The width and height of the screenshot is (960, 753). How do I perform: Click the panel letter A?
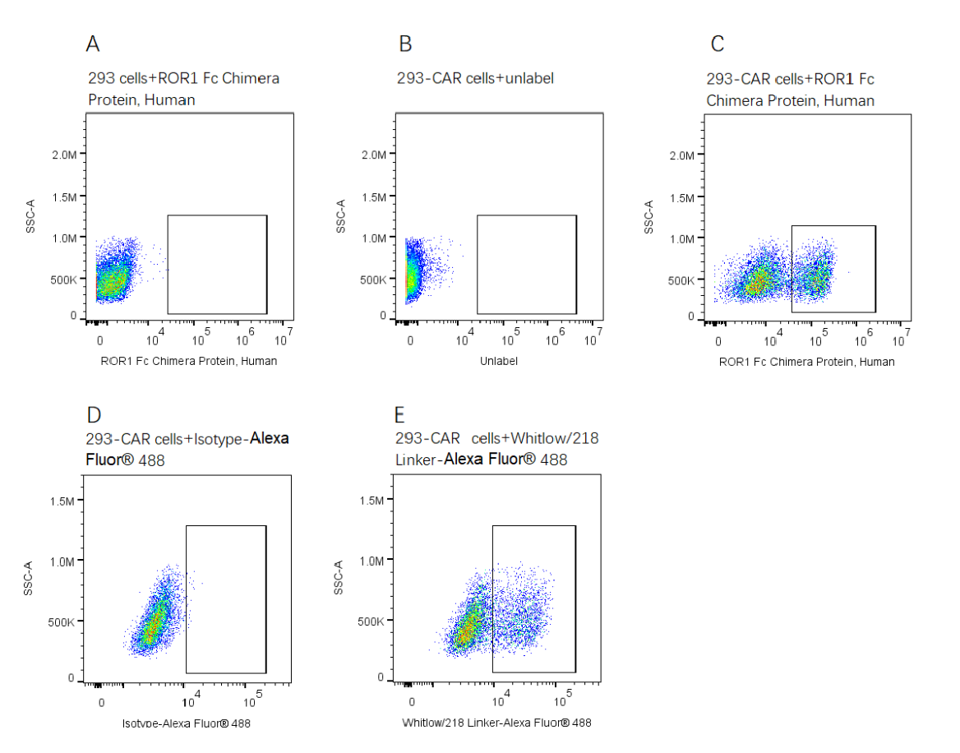pyautogui.click(x=93, y=44)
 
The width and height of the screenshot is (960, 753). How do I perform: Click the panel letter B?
pyautogui.click(x=404, y=44)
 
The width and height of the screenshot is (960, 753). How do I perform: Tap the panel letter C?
pyautogui.click(x=717, y=44)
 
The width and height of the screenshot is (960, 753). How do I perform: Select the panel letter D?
pyautogui.click(x=94, y=415)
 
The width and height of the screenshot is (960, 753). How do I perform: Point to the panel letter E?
pyautogui.click(x=401, y=415)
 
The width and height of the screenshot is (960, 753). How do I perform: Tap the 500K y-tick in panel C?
pyautogui.click(x=681, y=280)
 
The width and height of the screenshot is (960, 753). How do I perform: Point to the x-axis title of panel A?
pyautogui.click(x=189, y=361)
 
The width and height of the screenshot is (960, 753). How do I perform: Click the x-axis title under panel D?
pyautogui.click(x=187, y=723)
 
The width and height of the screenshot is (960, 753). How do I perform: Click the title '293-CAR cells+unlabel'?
pyautogui.click(x=475, y=79)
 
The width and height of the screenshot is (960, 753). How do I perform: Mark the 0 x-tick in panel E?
pyautogui.click(x=412, y=702)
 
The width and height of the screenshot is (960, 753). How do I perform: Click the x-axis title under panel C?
pyautogui.click(x=807, y=362)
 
